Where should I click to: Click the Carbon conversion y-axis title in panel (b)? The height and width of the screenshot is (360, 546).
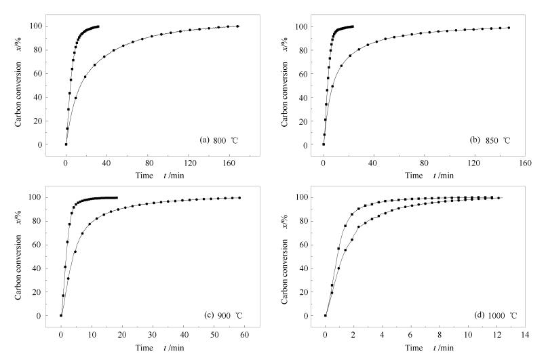pyautogui.click(x=279, y=85)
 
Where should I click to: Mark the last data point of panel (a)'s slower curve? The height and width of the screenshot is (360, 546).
pyautogui.click(x=237, y=26)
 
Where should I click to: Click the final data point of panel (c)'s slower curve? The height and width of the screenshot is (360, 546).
pyautogui.click(x=239, y=198)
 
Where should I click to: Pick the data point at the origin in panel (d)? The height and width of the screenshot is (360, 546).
pyautogui.click(x=326, y=315)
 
